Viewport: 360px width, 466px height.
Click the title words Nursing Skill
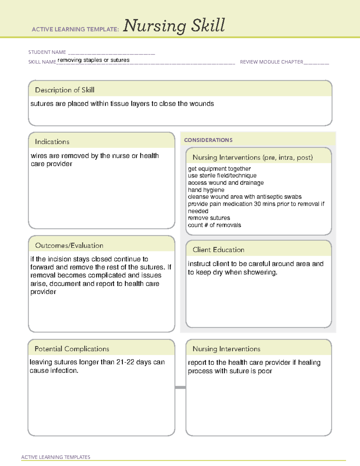coord(174,26)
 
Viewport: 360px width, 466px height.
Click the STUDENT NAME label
coord(47,52)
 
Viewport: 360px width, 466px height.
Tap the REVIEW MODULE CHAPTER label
coord(271,62)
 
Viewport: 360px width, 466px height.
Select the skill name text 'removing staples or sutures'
coord(94,60)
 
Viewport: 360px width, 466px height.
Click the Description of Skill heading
coord(64,90)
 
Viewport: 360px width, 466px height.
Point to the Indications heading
coord(52,142)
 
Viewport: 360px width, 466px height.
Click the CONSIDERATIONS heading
coord(208,140)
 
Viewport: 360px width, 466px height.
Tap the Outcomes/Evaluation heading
coord(69,245)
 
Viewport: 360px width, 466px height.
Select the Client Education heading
coord(218,250)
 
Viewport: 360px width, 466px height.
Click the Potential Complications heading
coord(72,349)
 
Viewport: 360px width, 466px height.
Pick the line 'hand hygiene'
coord(206,190)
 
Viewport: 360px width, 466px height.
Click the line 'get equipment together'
coord(219,169)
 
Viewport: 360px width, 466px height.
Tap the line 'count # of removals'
coord(214,225)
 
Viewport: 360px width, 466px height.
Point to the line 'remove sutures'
coord(209,218)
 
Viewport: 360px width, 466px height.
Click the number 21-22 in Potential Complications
coord(125,362)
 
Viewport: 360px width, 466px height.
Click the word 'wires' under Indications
coord(39,156)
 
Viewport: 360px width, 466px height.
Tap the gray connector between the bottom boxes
coord(180,387)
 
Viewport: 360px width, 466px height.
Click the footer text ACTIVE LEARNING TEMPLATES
coord(55,457)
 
